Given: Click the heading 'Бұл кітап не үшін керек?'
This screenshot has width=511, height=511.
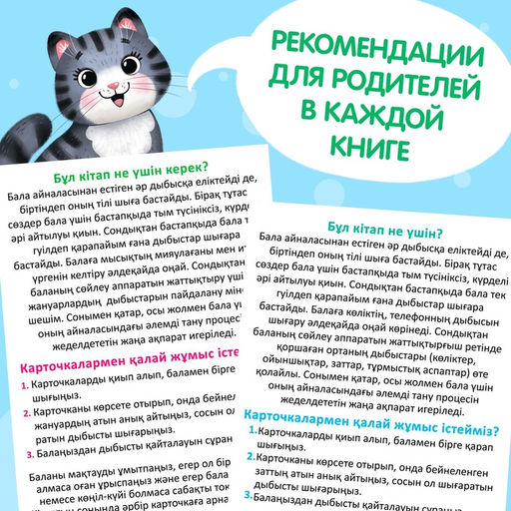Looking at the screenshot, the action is click(121, 170).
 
